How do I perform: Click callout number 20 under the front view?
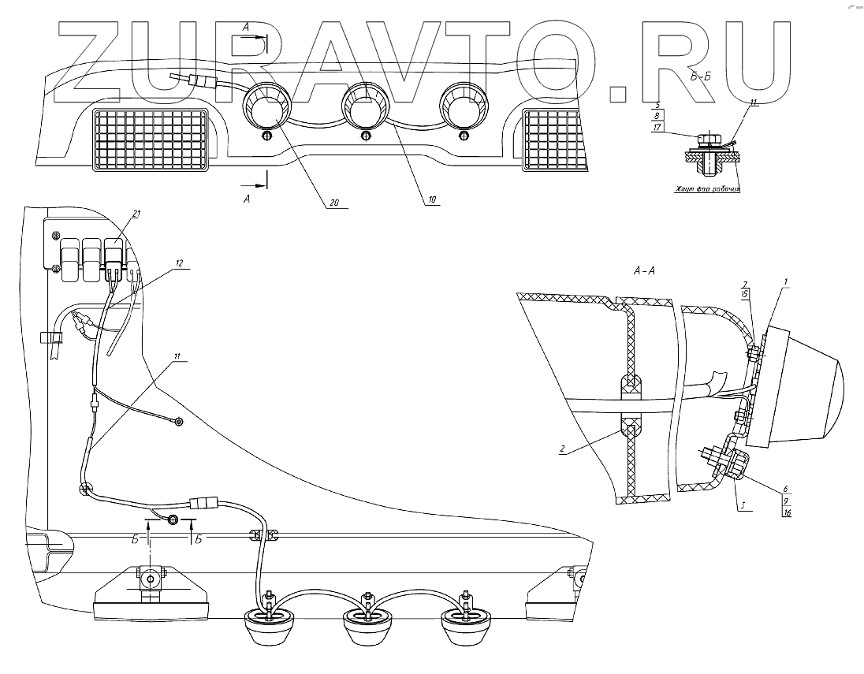tap(334, 202)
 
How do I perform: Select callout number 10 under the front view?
tap(432, 200)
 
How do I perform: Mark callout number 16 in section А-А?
tap(787, 513)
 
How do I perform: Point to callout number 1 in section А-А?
tap(786, 281)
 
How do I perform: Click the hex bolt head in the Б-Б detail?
tap(707, 140)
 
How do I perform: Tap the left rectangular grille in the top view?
tap(149, 140)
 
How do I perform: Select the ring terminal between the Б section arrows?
tap(173, 520)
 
